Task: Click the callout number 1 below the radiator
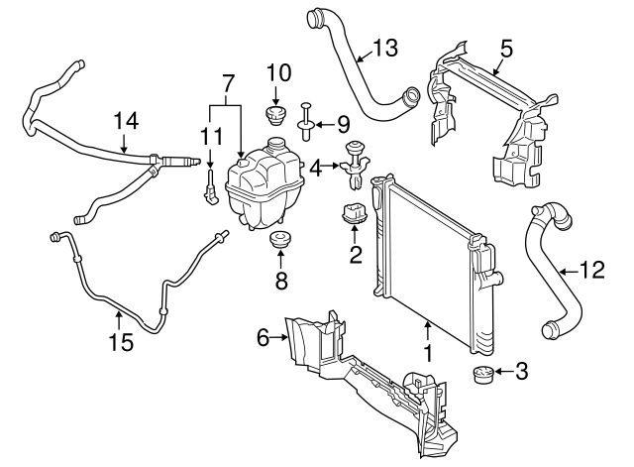(428, 352)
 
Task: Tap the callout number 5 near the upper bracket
(506, 47)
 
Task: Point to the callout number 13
(383, 46)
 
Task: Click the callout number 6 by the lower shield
(264, 338)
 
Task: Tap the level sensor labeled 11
(211, 184)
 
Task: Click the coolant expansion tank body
(263, 184)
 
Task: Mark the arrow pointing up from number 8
(280, 262)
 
